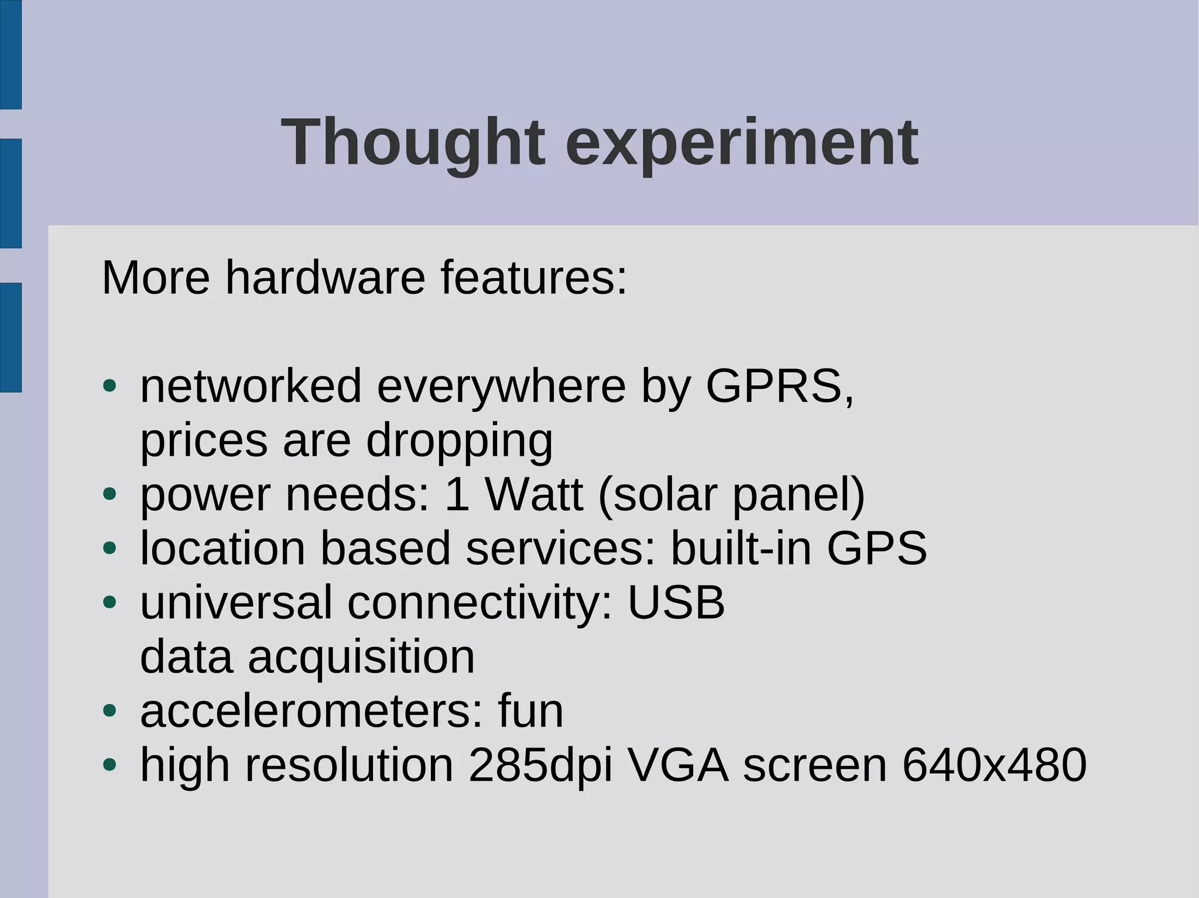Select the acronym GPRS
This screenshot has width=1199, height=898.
774,386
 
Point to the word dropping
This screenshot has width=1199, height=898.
459,441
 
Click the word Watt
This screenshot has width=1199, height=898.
534,495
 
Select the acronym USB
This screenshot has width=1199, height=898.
676,603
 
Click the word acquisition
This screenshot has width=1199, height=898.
361,657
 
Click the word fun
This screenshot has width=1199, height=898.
530,711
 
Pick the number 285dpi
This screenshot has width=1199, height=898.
540,765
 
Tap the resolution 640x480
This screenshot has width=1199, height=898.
994,765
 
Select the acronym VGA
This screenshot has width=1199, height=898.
677,765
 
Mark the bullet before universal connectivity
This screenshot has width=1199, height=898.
109,603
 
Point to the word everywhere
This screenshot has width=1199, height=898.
501,386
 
